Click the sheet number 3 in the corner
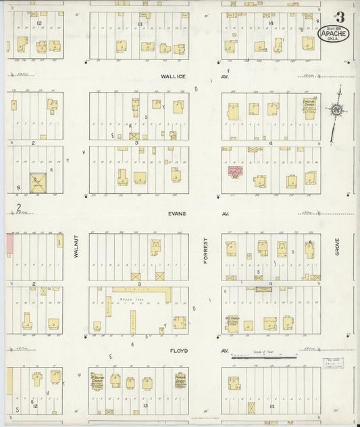339,16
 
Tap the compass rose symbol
335,110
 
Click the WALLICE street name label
174,77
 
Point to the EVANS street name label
176,213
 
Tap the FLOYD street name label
178,351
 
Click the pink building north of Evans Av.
235,172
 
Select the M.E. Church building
232,322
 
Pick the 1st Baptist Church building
97,382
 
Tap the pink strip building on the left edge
10,244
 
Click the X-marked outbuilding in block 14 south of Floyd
251,408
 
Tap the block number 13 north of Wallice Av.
140,24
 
